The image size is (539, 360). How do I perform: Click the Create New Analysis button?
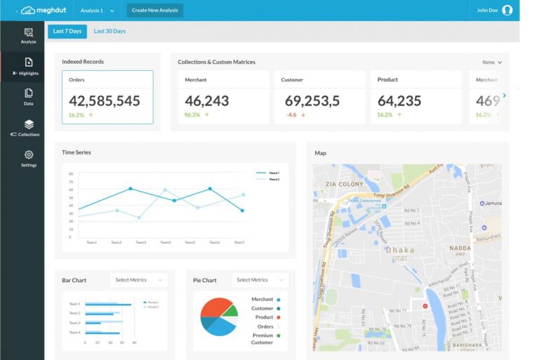[154, 11]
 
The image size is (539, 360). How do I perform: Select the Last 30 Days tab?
[109, 32]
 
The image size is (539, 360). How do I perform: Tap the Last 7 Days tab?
[67, 32]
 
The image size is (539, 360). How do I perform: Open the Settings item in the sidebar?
[29, 159]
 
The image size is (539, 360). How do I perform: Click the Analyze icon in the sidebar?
[29, 32]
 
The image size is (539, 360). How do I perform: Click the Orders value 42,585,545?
[105, 101]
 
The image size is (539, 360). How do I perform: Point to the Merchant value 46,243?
[207, 101]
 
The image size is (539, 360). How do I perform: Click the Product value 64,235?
[399, 101]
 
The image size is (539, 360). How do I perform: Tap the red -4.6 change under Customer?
[291, 115]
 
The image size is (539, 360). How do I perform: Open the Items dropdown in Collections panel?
[491, 62]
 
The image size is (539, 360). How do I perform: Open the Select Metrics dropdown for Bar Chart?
[138, 280]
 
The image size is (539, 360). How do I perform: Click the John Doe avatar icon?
[507, 11]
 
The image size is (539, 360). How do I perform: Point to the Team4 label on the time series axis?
[165, 243]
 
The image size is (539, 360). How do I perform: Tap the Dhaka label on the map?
[399, 250]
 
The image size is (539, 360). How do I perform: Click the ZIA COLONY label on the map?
[345, 184]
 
